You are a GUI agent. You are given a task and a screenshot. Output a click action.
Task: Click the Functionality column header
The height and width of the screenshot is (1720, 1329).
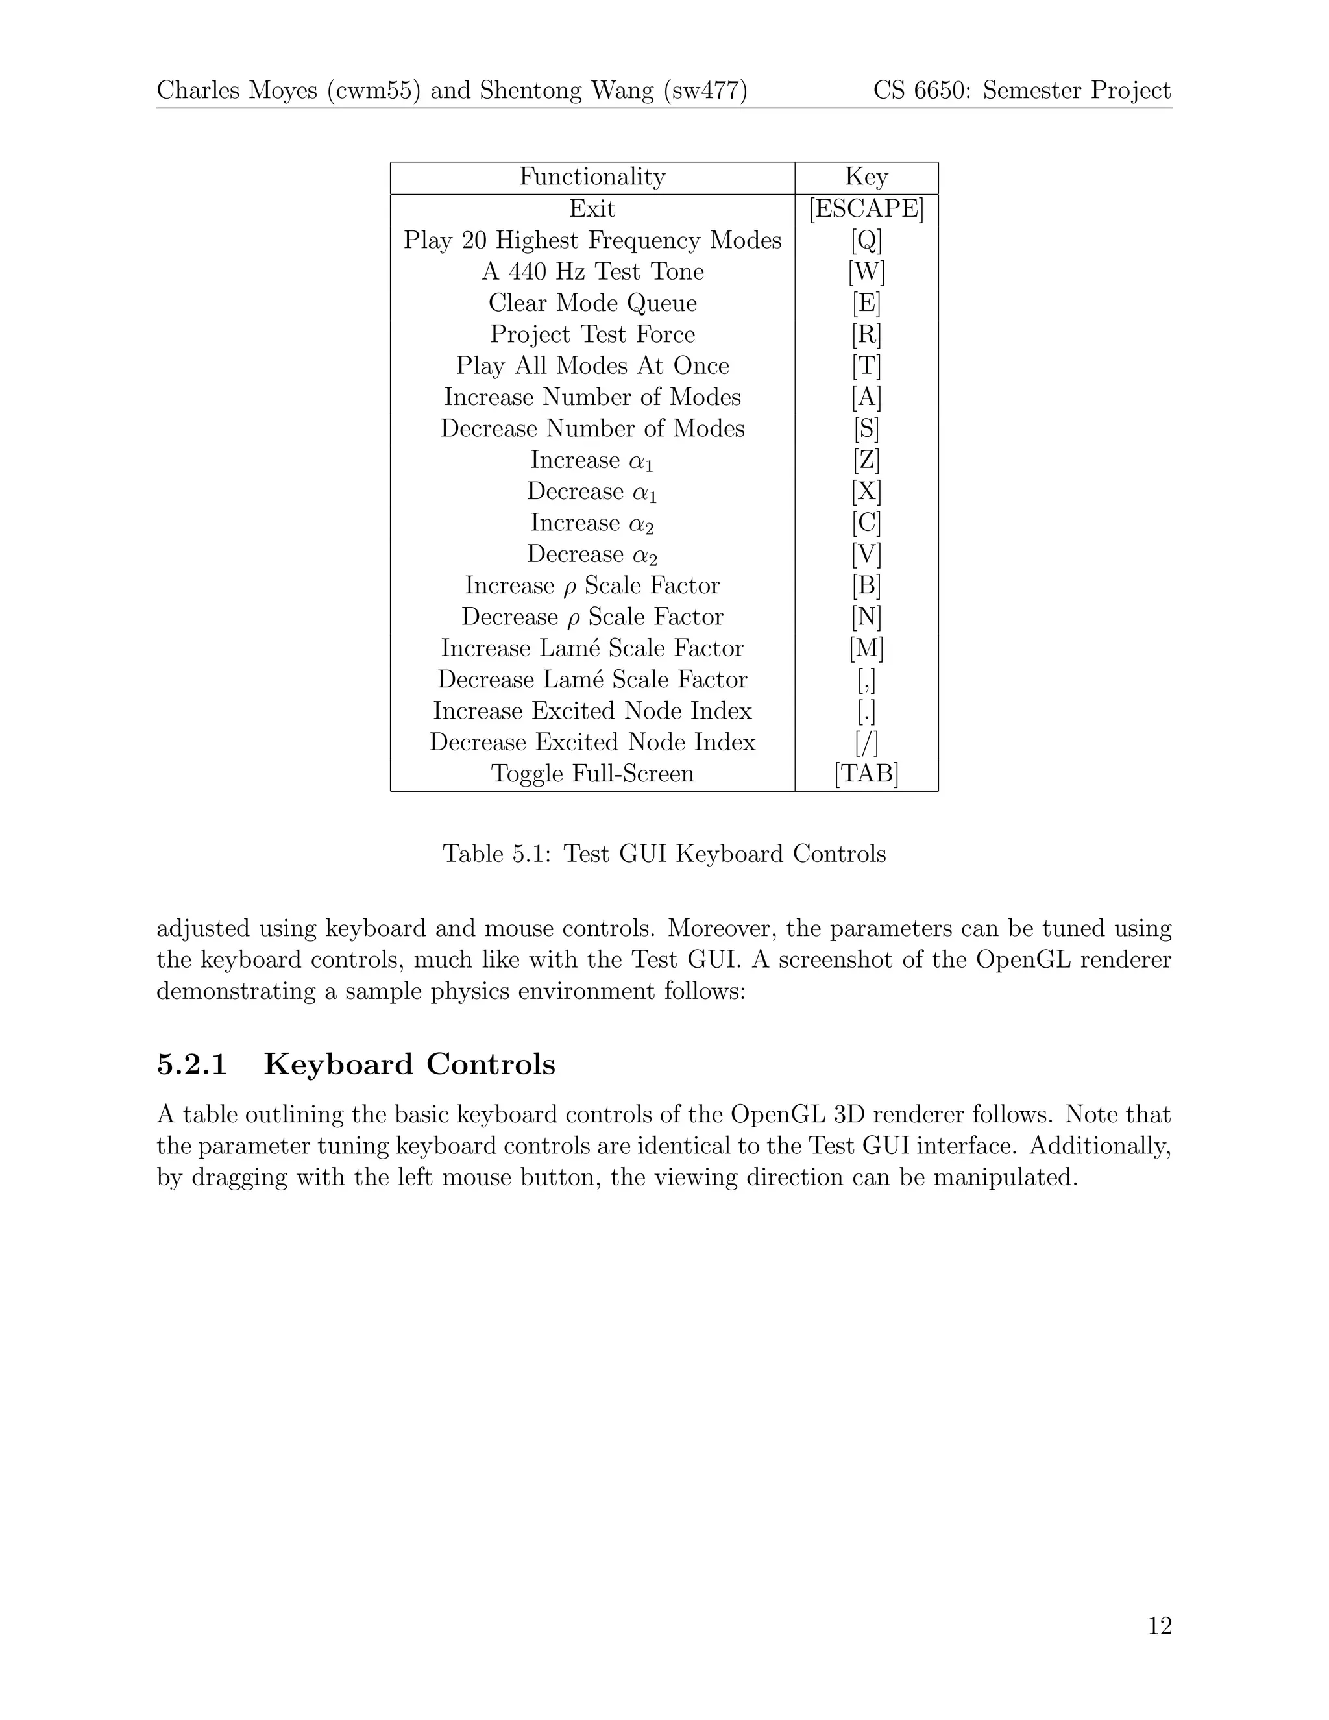click(592, 177)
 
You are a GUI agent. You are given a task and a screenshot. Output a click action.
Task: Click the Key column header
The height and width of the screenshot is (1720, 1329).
click(866, 177)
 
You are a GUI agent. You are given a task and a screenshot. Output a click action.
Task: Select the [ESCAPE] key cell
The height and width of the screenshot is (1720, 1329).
click(866, 209)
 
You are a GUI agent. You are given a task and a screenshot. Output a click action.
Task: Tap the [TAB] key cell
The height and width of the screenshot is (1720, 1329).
click(866, 774)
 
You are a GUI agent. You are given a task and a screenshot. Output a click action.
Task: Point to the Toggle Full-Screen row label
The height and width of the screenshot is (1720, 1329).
click(592, 774)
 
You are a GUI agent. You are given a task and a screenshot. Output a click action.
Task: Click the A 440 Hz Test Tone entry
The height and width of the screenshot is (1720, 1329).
click(592, 272)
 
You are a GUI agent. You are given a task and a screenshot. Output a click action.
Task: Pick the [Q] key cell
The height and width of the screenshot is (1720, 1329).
click(866, 240)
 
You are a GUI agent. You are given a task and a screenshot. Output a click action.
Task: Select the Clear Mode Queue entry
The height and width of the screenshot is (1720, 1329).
click(592, 303)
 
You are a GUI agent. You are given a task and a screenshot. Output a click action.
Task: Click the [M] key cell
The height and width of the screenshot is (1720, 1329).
click(866, 648)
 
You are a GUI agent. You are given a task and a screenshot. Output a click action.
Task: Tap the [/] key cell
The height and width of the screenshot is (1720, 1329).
click(866, 742)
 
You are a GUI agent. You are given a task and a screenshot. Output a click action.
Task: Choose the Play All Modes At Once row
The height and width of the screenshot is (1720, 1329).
click(592, 365)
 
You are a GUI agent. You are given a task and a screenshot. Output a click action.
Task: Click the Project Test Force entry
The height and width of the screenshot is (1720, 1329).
click(592, 334)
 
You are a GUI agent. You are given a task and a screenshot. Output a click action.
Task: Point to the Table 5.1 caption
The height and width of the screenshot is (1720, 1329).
click(664, 854)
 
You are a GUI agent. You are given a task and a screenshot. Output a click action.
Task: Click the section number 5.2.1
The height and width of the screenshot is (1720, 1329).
click(192, 1064)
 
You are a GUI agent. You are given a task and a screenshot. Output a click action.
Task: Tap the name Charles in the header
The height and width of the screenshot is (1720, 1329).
click(198, 91)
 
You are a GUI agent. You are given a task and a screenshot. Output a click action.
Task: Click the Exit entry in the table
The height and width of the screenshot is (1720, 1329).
click(592, 209)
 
